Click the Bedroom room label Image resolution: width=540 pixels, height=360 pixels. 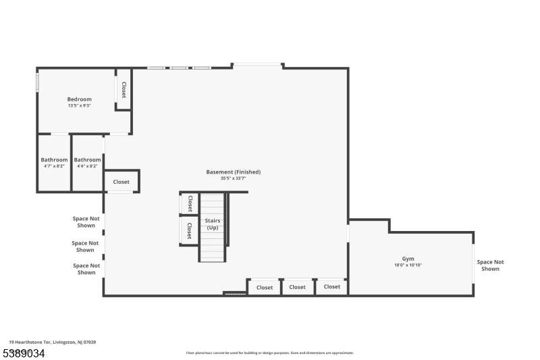click(79, 99)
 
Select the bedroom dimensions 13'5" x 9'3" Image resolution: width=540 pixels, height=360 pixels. click(79, 106)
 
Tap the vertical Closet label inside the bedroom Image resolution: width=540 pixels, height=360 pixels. click(124, 90)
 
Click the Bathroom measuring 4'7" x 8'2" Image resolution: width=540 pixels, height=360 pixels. click(54, 160)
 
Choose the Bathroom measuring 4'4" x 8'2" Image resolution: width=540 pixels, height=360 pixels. click(88, 160)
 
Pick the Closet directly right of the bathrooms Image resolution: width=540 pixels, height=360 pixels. click(122, 182)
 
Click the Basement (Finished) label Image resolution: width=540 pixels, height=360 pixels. click(233, 172)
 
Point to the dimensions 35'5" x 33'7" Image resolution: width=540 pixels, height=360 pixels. click(233, 178)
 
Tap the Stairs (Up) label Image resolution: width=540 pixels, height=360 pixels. click(213, 224)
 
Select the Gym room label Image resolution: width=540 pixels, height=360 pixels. click(408, 259)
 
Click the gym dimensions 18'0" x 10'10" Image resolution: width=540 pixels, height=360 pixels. click(408, 265)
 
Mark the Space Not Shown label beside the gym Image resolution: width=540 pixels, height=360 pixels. click(490, 265)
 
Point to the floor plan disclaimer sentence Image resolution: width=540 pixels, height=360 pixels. click(269, 353)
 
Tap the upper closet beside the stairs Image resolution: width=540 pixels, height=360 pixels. click(190, 203)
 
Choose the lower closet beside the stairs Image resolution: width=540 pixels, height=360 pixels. click(190, 230)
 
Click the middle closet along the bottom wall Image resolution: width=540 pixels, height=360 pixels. click(297, 287)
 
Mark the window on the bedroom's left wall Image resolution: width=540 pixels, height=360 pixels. click(37, 82)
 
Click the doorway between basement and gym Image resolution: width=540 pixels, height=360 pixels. click(348, 232)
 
